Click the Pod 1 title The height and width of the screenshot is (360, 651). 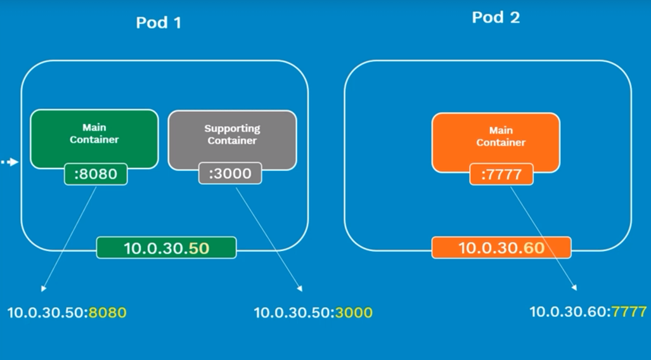point(158,22)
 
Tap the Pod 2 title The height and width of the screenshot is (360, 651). point(496,18)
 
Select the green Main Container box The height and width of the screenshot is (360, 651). point(94,139)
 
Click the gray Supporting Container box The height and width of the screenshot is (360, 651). point(232,139)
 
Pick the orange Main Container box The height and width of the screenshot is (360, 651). point(496,142)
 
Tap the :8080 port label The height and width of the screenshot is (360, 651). point(96,174)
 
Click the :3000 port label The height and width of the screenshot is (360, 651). point(230,173)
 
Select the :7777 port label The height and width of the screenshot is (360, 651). point(501,174)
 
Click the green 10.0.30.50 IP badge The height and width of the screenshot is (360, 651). point(167,248)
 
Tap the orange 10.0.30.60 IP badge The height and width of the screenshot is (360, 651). point(501,248)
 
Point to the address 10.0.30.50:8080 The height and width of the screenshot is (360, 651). point(67,312)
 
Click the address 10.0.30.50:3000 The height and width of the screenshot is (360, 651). point(313,312)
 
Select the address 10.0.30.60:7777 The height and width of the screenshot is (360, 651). point(588,311)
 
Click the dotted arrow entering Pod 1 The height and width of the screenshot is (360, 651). point(9,162)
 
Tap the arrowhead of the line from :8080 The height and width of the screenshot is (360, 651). point(42,289)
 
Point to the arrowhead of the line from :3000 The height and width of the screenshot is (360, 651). point(300,288)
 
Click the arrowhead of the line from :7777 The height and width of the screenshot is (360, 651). point(574,287)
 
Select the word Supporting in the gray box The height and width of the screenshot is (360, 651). point(232,129)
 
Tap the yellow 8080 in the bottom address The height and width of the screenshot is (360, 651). point(108,312)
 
